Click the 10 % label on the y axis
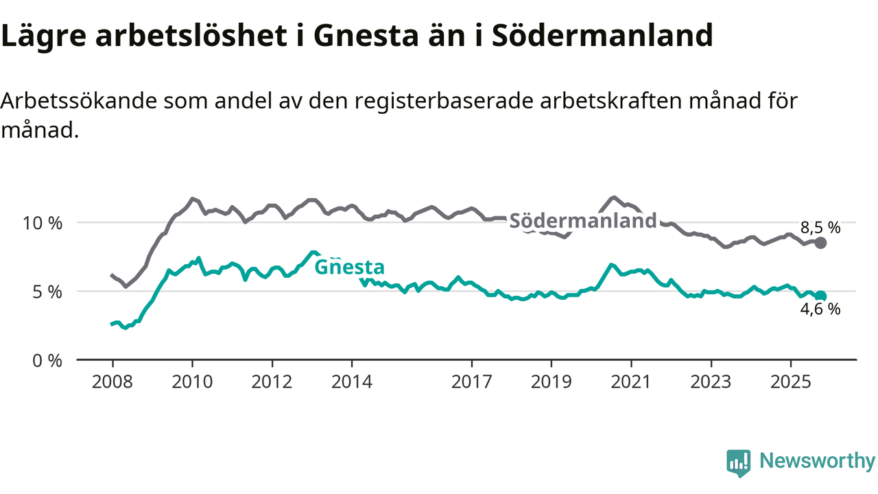(43, 223)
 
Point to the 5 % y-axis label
(47, 292)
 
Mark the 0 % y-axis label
(47, 360)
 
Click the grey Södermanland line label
(583, 221)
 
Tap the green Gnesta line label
(349, 267)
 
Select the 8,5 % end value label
(820, 227)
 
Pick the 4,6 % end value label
(820, 309)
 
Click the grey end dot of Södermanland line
(820, 243)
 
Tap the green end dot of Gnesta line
(820, 296)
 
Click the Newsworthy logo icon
(739, 463)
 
